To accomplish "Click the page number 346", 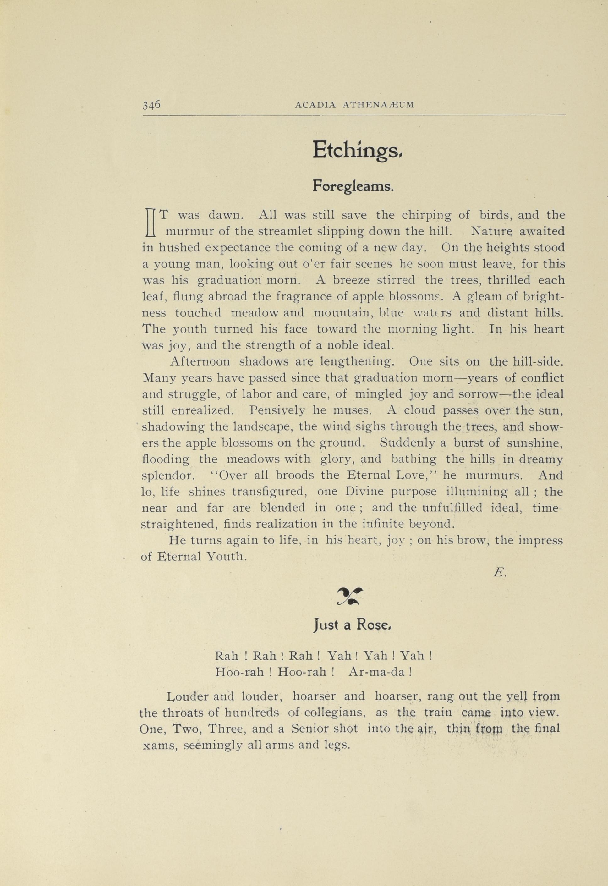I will click(151, 104).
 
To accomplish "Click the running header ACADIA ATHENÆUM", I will click(354, 106).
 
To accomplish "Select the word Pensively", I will click(277, 410).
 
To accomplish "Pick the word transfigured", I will click(270, 492).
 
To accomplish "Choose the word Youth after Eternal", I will click(224, 557).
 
